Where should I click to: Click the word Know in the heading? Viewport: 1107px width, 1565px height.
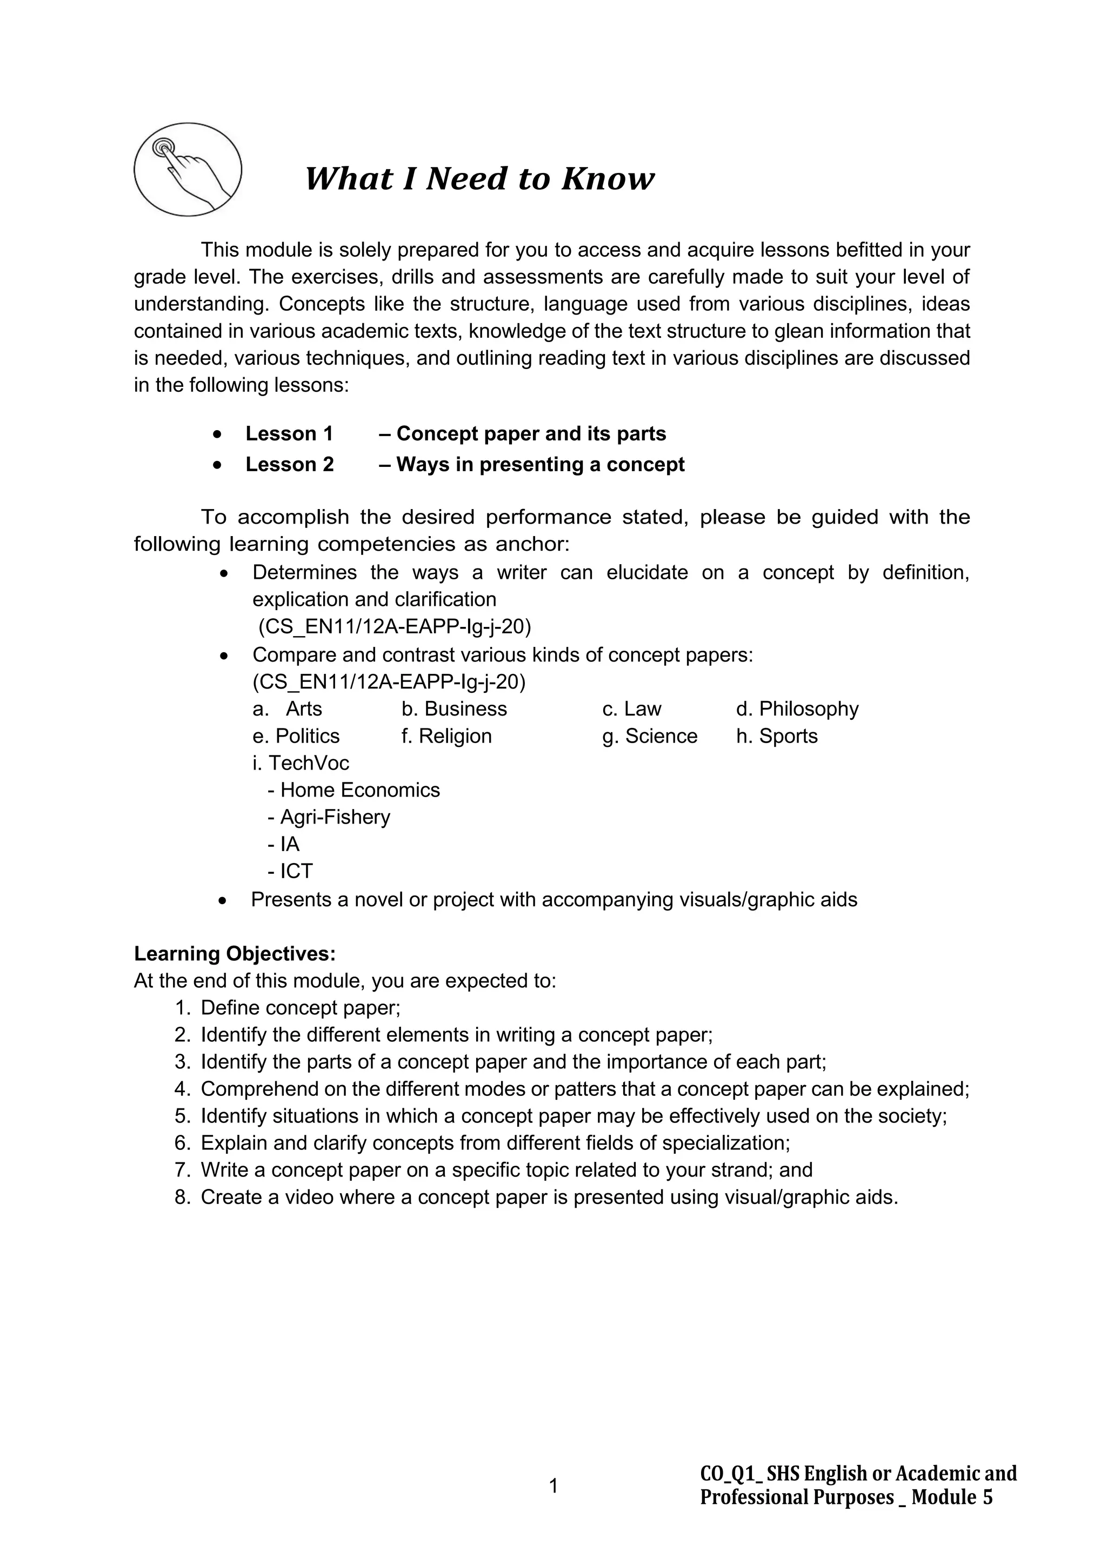608,179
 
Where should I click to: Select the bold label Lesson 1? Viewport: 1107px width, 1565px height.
289,433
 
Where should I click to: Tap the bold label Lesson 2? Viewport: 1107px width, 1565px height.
290,464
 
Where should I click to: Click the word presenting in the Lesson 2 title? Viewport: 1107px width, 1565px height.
529,464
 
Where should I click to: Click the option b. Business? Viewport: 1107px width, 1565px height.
454,709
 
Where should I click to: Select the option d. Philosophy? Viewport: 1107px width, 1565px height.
797,709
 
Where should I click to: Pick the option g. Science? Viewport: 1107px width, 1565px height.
650,736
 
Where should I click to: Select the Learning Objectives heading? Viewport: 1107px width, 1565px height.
235,954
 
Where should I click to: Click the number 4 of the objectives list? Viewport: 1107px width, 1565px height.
181,1088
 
